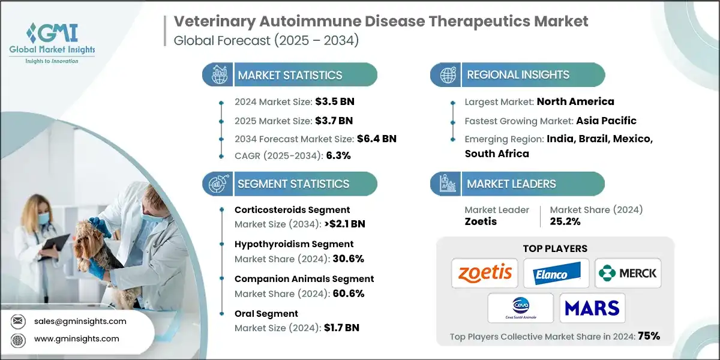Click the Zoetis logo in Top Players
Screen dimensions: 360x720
click(485, 274)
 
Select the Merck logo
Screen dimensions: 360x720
click(627, 274)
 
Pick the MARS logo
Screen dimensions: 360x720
click(592, 308)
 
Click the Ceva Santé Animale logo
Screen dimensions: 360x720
click(520, 308)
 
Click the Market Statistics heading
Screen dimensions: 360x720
click(290, 75)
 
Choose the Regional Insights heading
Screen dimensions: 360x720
click(518, 75)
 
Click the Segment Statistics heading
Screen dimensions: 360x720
click(293, 184)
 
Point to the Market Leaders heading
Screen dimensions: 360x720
click(511, 184)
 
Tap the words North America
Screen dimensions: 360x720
click(575, 101)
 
